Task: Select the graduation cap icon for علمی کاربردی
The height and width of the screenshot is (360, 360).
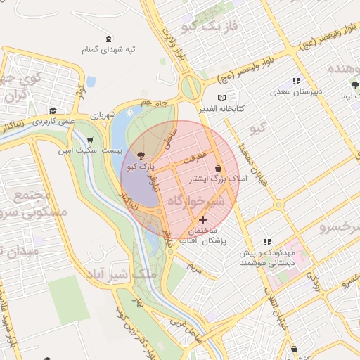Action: [x=53, y=110]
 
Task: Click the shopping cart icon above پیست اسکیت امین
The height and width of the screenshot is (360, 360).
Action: [x=89, y=140]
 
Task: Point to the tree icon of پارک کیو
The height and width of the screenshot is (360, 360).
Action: [x=141, y=155]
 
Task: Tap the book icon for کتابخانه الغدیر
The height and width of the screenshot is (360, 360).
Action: [x=222, y=97]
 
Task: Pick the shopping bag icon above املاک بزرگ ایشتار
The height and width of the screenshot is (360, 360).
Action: [x=219, y=168]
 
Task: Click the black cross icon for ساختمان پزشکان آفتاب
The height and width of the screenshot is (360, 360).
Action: [x=204, y=220]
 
